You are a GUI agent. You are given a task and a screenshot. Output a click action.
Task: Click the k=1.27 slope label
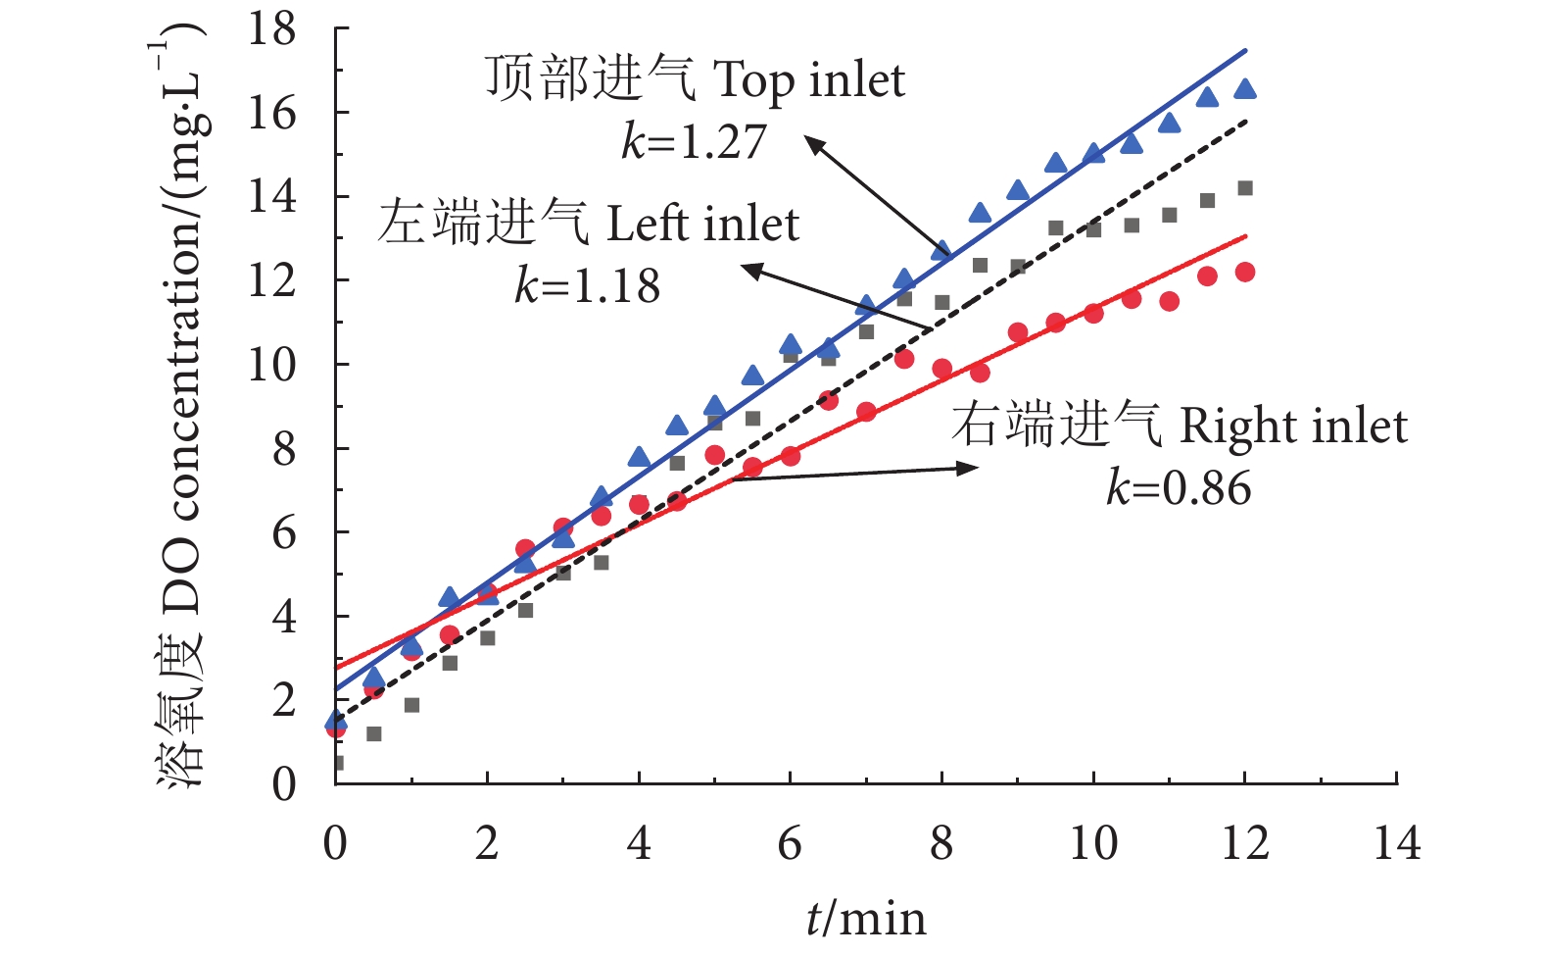point(693,142)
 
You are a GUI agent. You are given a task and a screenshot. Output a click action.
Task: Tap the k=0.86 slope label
point(1179,488)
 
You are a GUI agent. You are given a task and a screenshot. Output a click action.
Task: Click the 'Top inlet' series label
point(696,79)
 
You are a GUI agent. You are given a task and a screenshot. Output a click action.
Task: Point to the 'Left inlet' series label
point(589,224)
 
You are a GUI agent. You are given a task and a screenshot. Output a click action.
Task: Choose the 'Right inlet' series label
point(1179,426)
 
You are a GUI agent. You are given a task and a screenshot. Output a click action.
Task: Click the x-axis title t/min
point(866,918)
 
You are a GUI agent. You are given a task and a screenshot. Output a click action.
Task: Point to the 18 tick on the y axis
point(271,29)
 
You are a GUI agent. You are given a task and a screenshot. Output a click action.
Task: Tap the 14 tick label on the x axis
point(1396,843)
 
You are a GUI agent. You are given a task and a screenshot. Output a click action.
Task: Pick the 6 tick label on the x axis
point(790,843)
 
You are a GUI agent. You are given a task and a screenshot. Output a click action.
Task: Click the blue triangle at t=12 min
point(1245,89)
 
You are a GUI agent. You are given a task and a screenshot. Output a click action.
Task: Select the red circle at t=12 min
point(1245,273)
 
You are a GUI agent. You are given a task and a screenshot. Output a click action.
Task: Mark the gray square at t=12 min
point(1245,188)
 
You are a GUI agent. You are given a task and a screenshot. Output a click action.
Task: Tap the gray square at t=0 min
point(337,763)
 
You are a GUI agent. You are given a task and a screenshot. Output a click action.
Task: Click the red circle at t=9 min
point(1018,333)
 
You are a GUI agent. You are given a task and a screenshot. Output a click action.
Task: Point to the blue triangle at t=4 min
point(639,457)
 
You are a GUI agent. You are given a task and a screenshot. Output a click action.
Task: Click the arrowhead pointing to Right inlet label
point(970,469)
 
